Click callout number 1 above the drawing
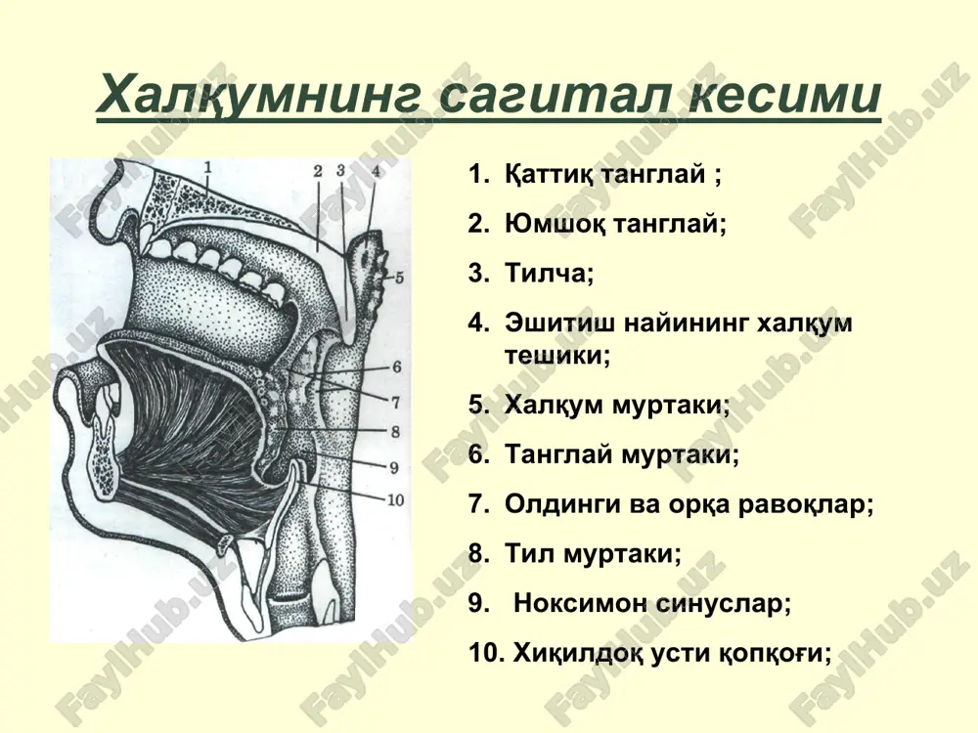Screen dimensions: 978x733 (207, 167)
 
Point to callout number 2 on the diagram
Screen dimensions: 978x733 (318, 171)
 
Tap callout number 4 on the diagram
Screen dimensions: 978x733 (375, 170)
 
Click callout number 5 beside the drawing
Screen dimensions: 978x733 (399, 278)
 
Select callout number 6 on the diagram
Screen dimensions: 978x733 (397, 367)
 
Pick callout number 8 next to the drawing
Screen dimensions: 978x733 (395, 431)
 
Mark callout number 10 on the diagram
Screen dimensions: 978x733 (396, 499)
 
